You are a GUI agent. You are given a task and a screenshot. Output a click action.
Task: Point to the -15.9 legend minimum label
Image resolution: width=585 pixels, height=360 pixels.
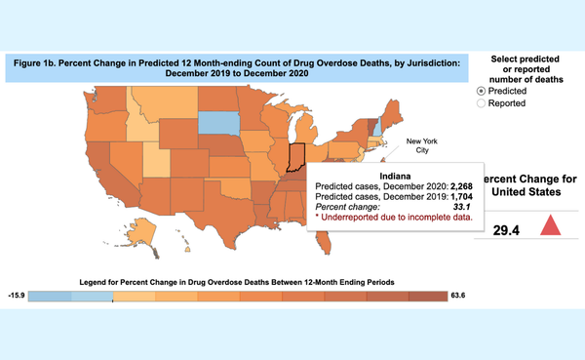point(15,295)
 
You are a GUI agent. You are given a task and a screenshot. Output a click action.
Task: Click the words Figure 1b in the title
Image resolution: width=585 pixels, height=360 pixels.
point(43,60)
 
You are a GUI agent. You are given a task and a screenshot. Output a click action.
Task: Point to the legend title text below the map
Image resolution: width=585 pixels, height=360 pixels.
point(236,281)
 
